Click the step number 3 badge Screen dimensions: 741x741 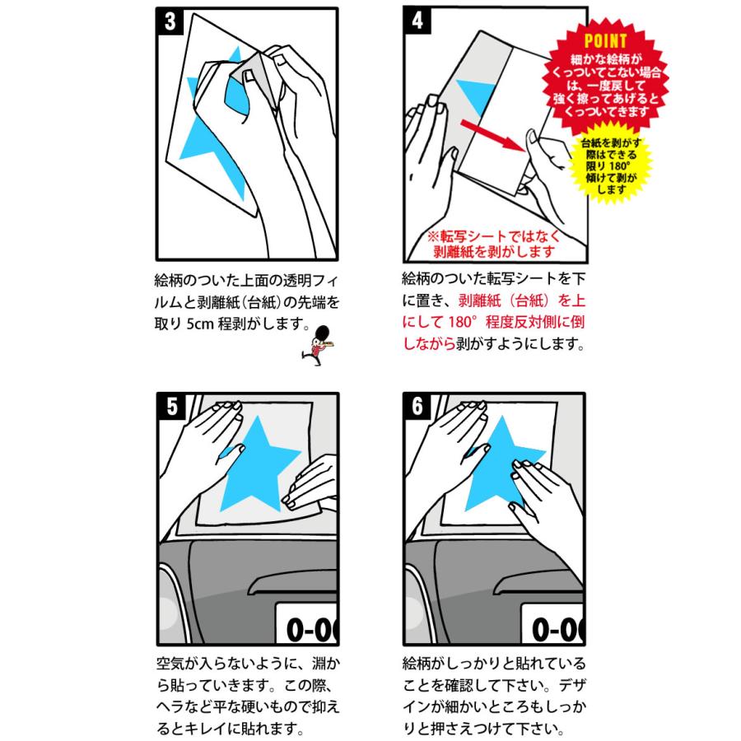click(170, 21)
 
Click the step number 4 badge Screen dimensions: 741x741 click(417, 21)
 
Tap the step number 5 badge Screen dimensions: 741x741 click(171, 407)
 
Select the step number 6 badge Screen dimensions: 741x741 click(417, 406)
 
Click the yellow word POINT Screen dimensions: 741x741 click(605, 41)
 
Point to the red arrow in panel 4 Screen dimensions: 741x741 click(493, 136)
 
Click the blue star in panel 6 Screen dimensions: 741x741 click(502, 464)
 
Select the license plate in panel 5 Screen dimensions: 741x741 click(306, 623)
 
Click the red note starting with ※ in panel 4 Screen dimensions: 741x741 click(493, 244)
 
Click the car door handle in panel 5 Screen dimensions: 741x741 click(292, 584)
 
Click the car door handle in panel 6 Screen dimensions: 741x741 click(538, 584)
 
